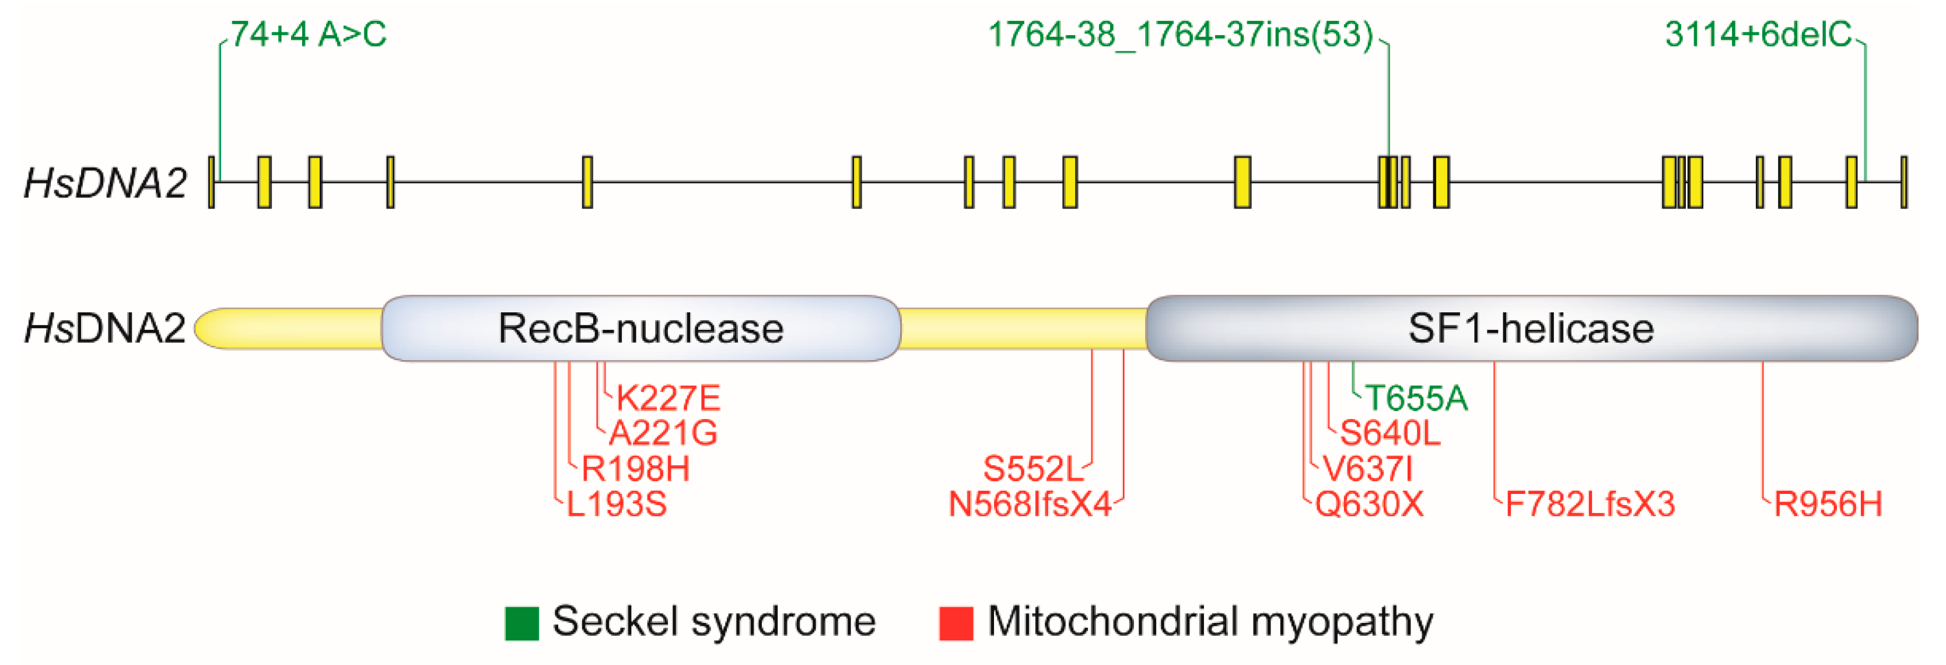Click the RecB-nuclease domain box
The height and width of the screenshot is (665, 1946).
(640, 329)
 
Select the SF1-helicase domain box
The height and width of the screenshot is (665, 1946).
(1531, 329)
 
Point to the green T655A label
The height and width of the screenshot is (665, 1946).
(1416, 398)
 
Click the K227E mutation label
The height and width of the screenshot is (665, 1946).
(668, 398)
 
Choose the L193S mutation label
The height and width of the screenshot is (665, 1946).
(617, 504)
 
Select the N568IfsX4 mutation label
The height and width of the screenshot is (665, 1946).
(1030, 504)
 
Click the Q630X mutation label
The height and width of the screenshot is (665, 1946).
(1369, 504)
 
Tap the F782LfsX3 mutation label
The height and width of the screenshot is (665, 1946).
(1590, 504)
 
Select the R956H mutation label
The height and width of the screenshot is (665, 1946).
(1828, 504)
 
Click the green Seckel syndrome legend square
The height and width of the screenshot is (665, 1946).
(521, 624)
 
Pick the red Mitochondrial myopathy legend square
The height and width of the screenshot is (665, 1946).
(956, 624)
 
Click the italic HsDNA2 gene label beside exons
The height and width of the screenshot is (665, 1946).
(105, 183)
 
